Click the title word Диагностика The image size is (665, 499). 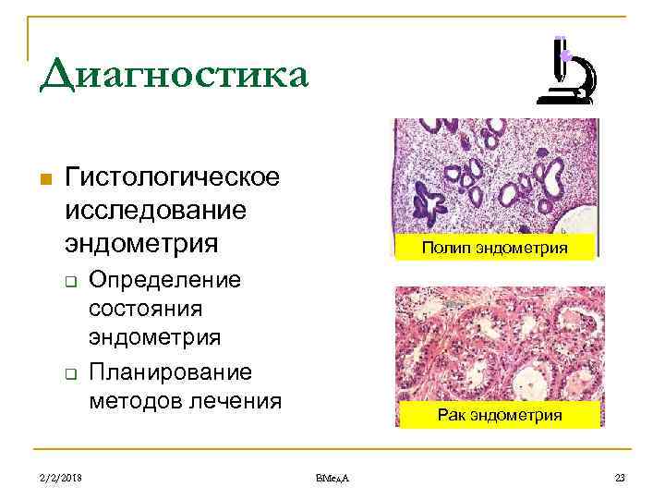pos(173,74)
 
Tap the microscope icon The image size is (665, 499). pos(565,72)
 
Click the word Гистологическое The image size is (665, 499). pos(173,176)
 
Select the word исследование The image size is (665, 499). pos(155,211)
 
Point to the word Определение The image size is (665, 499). pos(165,280)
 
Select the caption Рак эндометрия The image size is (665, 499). pos(500,415)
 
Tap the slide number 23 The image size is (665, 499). pos(619,476)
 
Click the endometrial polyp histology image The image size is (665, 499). pos(495,176)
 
